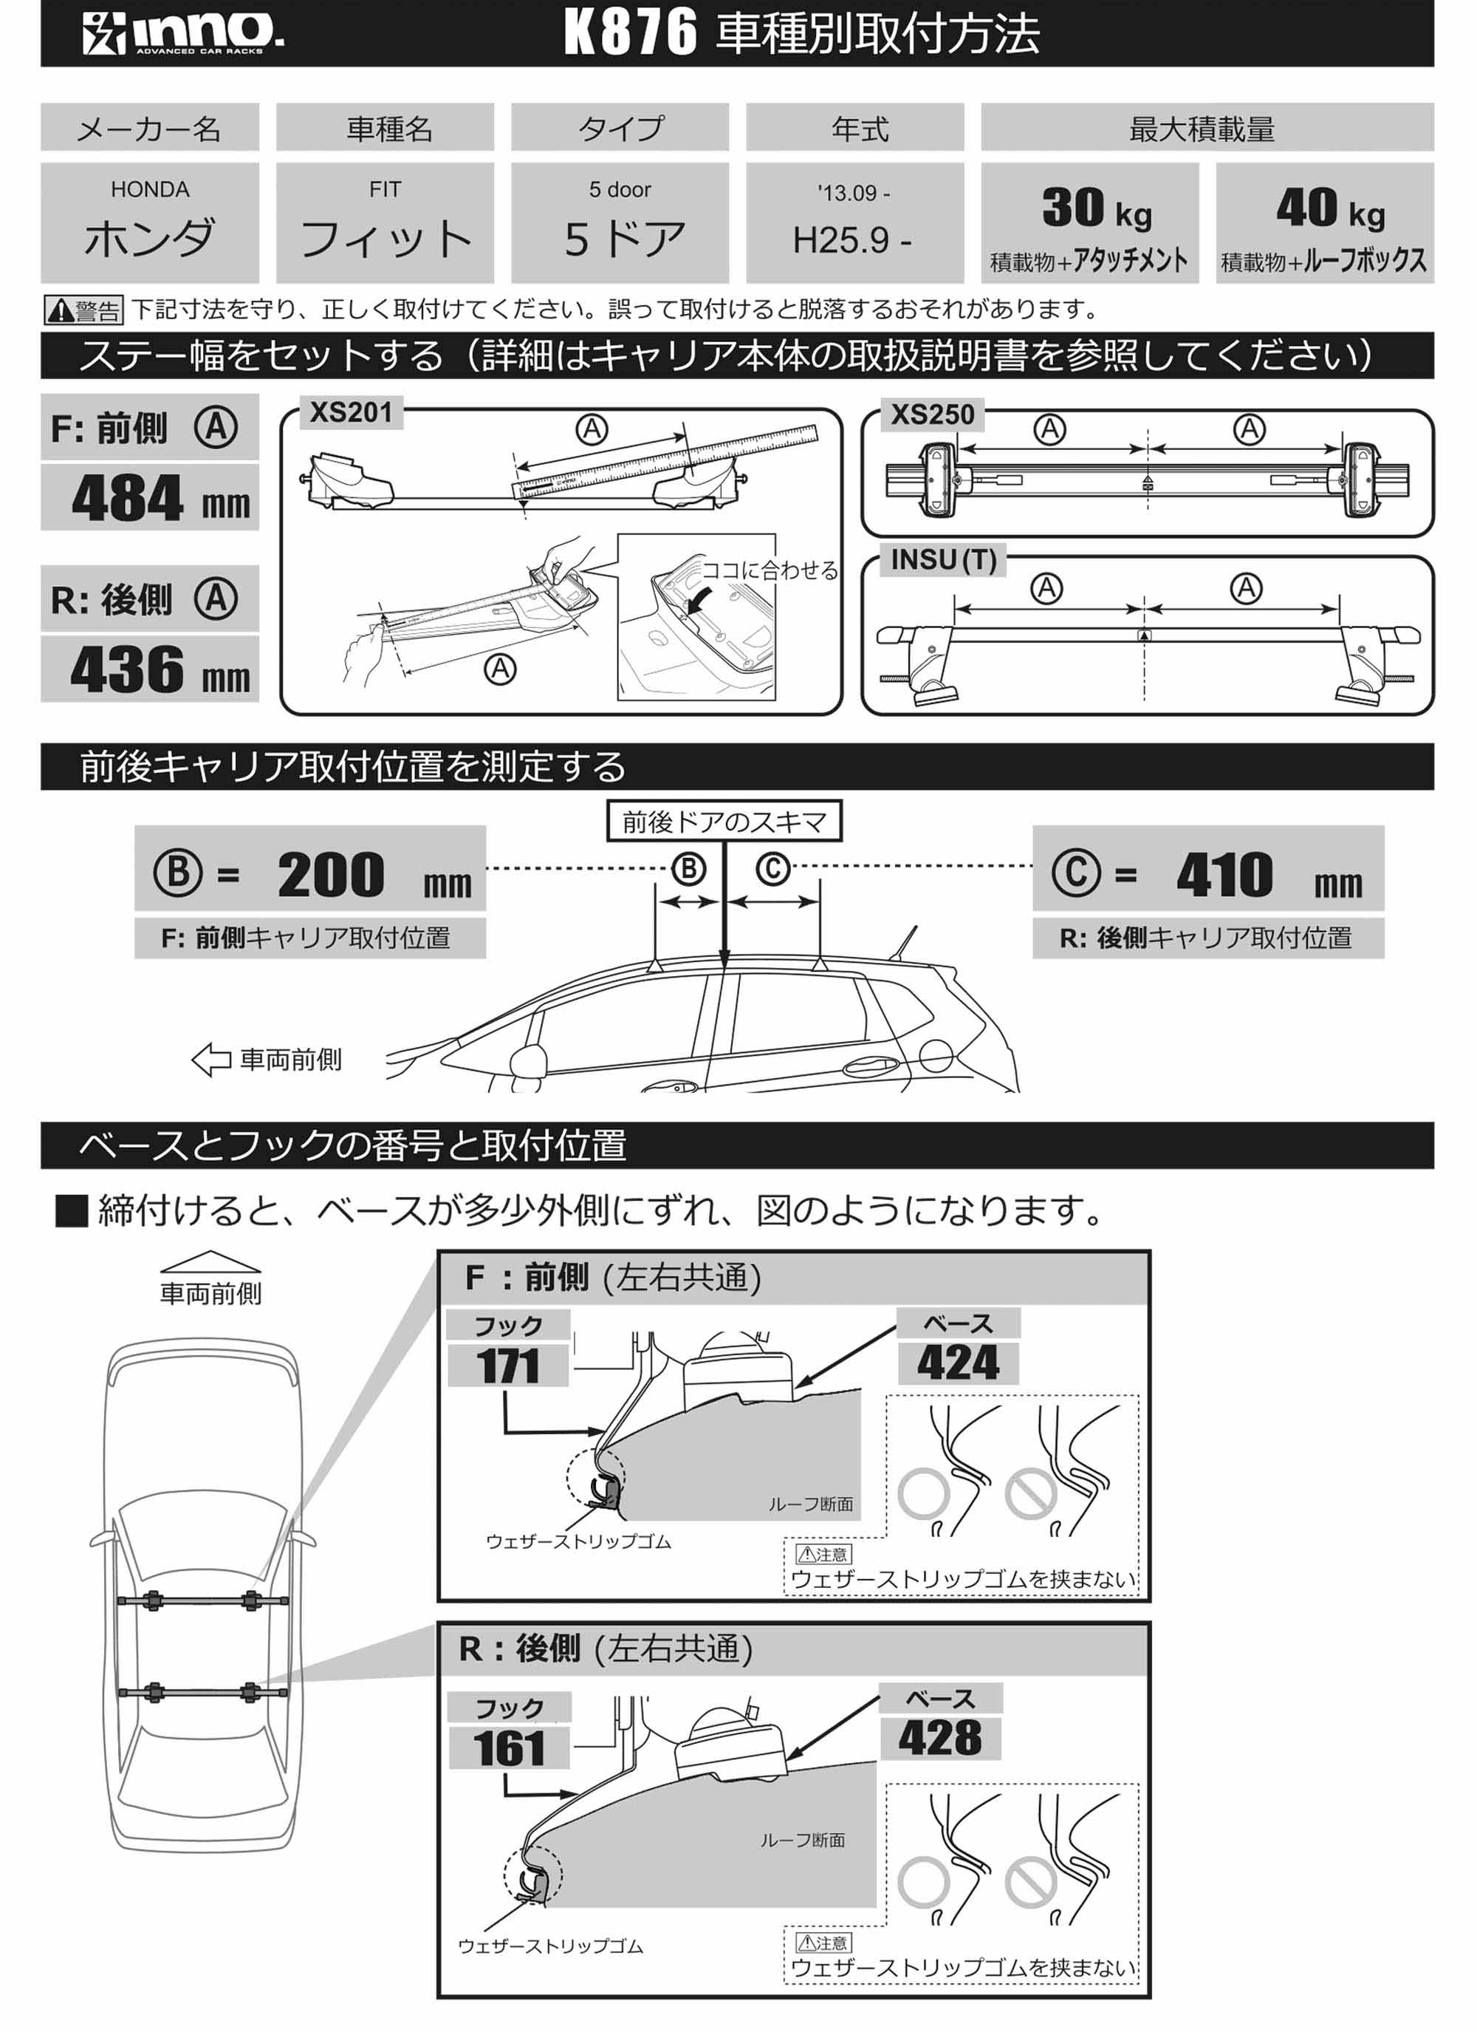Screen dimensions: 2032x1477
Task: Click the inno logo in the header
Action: click(x=184, y=33)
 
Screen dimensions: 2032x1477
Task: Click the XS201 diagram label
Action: click(x=350, y=413)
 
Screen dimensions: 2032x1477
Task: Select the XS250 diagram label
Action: click(x=931, y=415)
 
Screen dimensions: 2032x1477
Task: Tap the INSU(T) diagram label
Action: click(x=942, y=560)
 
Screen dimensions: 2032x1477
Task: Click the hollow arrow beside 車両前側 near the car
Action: click(x=211, y=1059)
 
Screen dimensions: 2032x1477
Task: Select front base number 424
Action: click(x=958, y=1363)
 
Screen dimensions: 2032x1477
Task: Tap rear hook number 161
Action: click(x=509, y=1749)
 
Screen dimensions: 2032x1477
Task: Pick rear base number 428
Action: click(x=939, y=1738)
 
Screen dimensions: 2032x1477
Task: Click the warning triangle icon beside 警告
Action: click(x=60, y=311)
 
